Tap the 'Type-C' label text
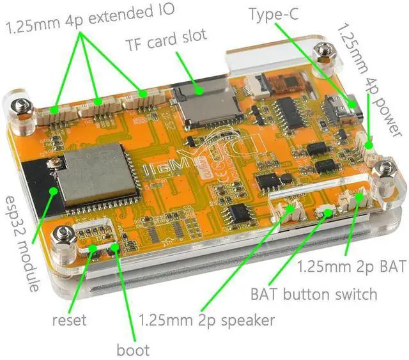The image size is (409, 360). [275, 14]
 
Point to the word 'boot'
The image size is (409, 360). [133, 349]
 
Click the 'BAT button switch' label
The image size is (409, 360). [313, 295]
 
